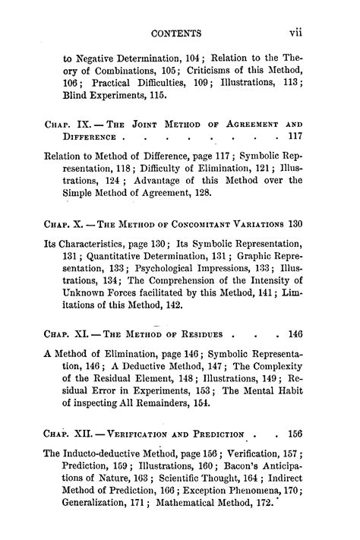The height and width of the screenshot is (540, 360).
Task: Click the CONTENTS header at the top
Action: click(x=176, y=33)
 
